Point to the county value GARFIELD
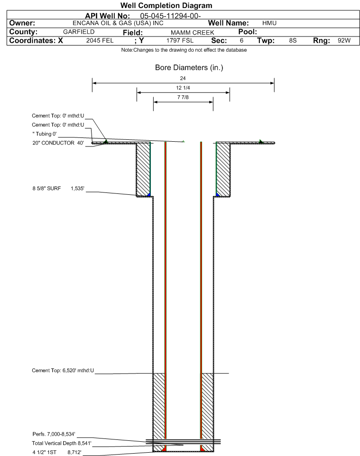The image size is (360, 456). pyautogui.click(x=79, y=32)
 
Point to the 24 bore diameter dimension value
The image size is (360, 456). pyautogui.click(x=183, y=78)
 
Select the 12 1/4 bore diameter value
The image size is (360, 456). pyautogui.click(x=183, y=88)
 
